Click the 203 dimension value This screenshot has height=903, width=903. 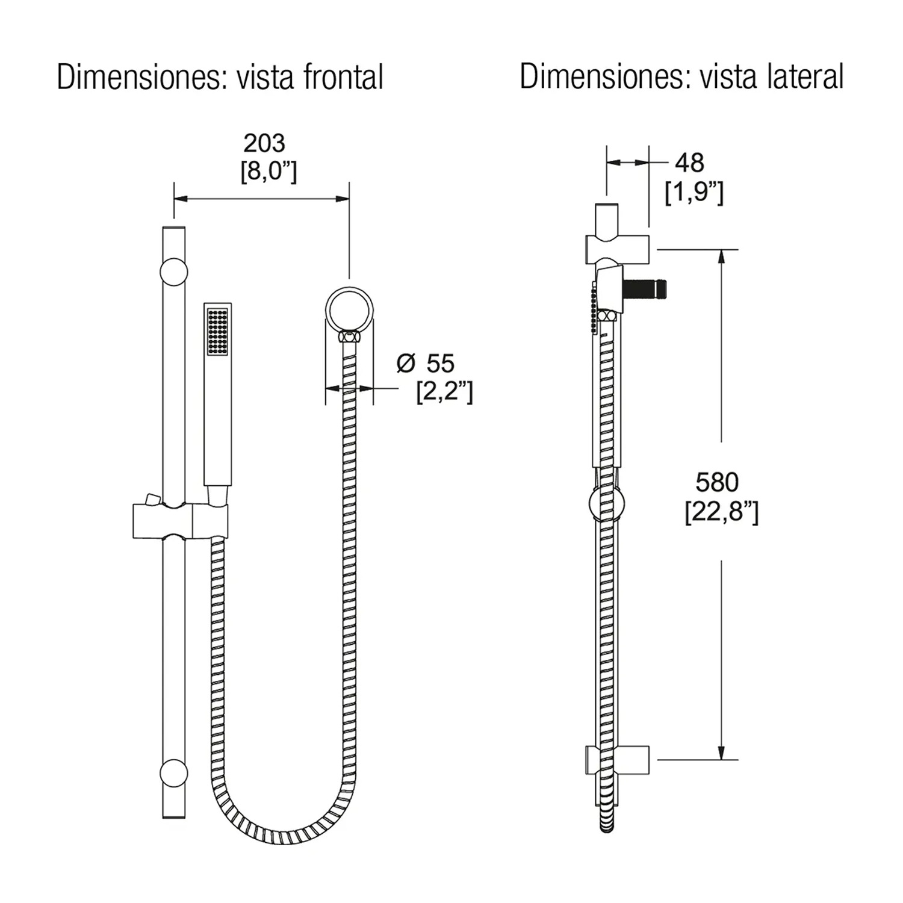[x=264, y=143]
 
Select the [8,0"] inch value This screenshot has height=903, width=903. [x=268, y=172]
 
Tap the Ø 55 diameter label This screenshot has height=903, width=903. [x=426, y=364]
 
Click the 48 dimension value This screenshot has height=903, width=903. [x=689, y=163]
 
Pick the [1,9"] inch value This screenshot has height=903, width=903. [x=694, y=193]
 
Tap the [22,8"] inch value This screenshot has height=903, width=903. [x=721, y=512]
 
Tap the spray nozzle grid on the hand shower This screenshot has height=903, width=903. [x=217, y=331]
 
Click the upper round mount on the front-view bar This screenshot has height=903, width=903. [x=173, y=272]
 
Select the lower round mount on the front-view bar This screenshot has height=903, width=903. [x=173, y=773]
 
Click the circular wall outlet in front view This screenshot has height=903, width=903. [x=349, y=310]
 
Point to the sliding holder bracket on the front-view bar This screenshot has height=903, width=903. [x=181, y=521]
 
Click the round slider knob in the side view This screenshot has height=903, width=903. [x=606, y=503]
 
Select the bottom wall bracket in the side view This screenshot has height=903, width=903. [x=618, y=760]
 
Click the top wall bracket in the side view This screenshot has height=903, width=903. [x=618, y=249]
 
